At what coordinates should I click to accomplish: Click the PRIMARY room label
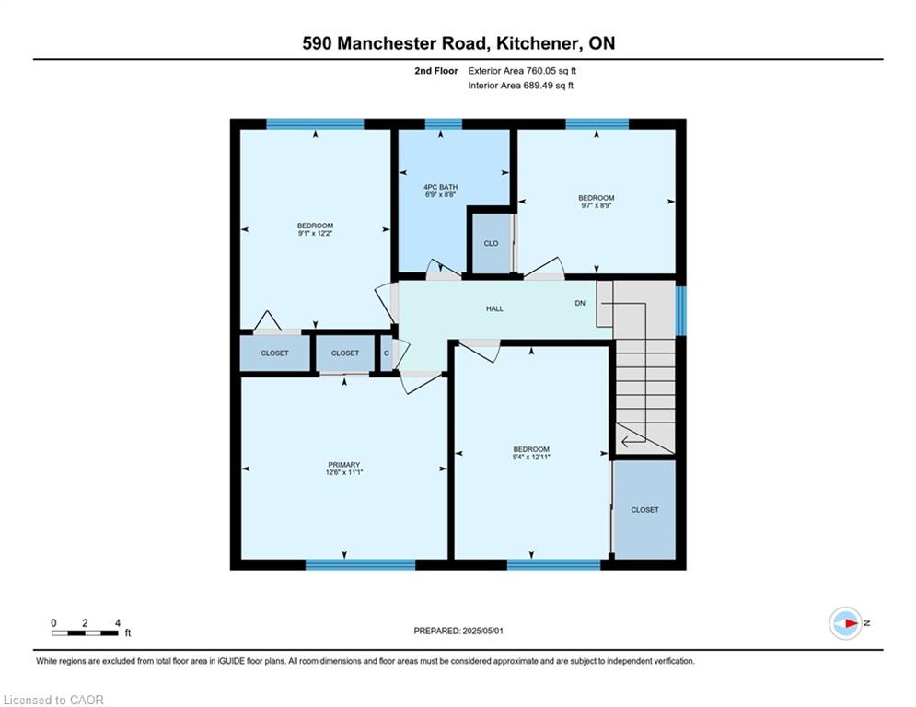coord(343,465)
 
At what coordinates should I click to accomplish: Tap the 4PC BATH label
coord(440,187)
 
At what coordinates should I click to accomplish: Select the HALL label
coord(494,308)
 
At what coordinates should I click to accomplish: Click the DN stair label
coord(580,303)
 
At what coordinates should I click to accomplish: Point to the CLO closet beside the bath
coord(491,243)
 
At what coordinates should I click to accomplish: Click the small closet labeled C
coord(386,353)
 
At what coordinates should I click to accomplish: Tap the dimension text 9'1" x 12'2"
coord(316,233)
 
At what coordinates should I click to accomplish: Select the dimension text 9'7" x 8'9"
coord(597,205)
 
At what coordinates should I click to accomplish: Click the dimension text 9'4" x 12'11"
coord(531,457)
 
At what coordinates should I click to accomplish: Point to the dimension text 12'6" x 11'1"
coord(344,472)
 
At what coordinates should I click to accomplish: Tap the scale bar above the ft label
coord(86,632)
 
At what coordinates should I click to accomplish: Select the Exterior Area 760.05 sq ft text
coord(522,71)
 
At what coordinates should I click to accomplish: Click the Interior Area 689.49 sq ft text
coord(520,86)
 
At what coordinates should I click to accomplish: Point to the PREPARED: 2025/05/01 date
coord(458,631)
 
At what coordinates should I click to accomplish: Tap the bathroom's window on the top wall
coord(443,123)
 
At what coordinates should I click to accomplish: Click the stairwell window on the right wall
coord(680,311)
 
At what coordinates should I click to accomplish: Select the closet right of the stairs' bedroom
coord(644,509)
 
